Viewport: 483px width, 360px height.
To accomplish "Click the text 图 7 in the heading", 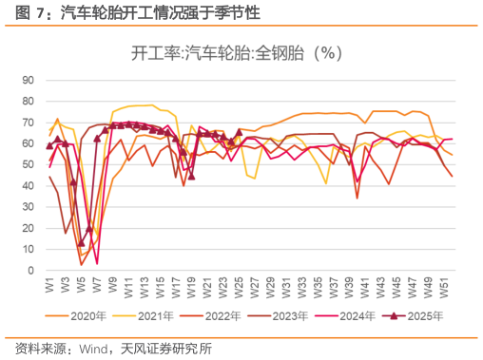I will coord(29,13).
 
